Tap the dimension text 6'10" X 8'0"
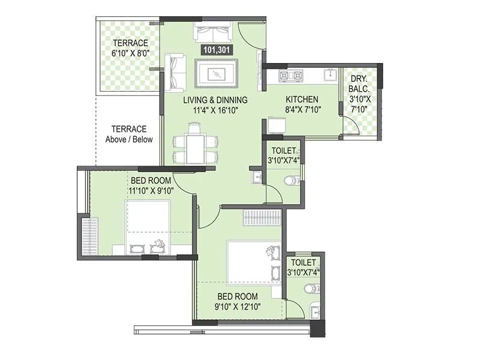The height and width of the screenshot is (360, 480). tap(130, 53)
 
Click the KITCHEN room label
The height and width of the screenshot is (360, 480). tap(302, 99)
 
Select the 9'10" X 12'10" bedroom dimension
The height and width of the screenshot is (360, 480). tap(238, 307)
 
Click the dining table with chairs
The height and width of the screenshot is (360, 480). tap(194, 145)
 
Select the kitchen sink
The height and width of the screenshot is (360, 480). tap(329, 74)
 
